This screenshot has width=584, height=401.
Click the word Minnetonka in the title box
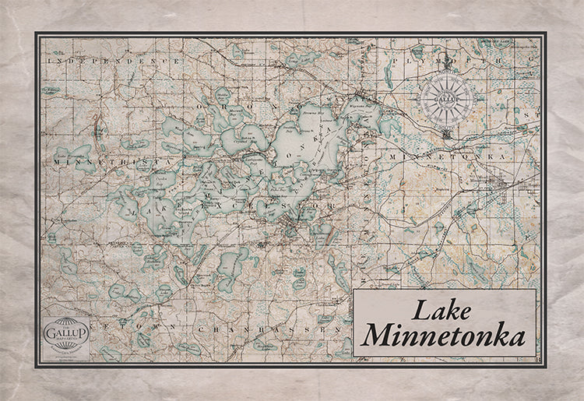point(443,336)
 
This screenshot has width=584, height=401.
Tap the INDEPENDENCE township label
point(114,59)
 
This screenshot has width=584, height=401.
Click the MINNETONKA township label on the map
point(464,157)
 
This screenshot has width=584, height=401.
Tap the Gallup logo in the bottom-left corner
point(66,332)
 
